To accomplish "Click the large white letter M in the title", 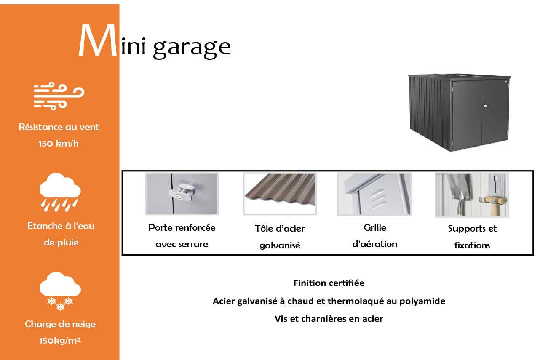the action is [x=98, y=40].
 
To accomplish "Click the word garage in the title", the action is [x=192, y=47].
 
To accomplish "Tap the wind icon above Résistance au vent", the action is [x=59, y=96].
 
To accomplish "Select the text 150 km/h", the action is [x=59, y=144].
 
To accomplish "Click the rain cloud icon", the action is [x=60, y=192].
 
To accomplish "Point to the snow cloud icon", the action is [x=60, y=291].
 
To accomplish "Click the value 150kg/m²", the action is [x=60, y=341].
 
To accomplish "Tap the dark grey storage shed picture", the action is [x=460, y=112].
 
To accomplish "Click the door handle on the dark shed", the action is [x=485, y=106].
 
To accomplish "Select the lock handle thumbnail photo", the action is [x=182, y=194].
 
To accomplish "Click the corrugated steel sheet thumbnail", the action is [x=280, y=194].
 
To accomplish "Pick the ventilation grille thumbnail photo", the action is [x=374, y=194].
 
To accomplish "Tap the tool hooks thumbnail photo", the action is [x=472, y=195].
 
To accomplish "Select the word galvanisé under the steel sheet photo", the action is [x=280, y=245].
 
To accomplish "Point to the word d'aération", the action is [x=374, y=244].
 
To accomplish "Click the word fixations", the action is [x=472, y=245].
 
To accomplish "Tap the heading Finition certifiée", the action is [x=329, y=283].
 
